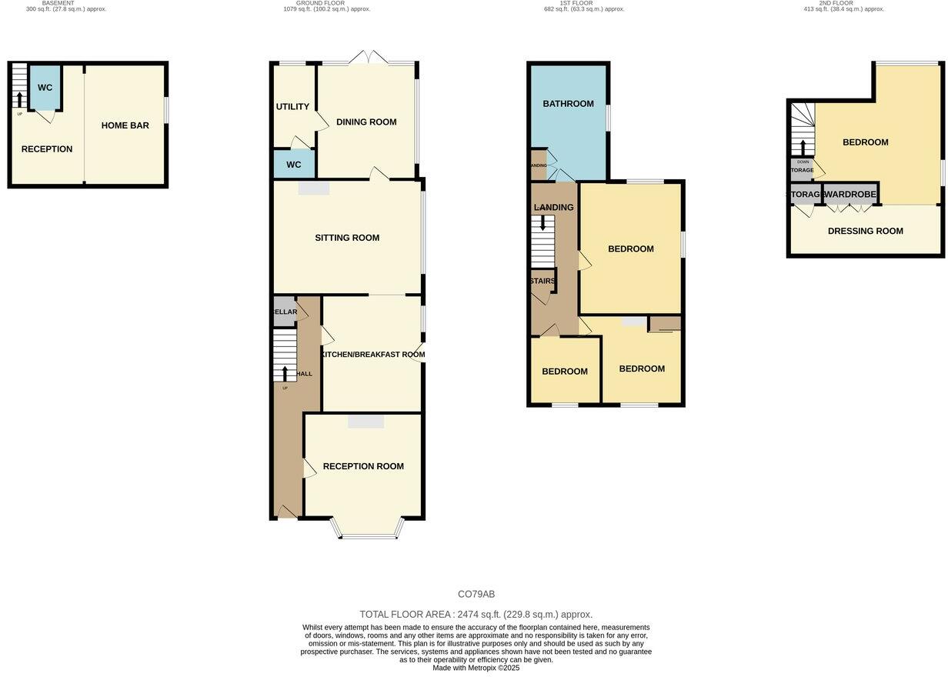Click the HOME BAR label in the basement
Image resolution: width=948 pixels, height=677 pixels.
pyautogui.click(x=125, y=125)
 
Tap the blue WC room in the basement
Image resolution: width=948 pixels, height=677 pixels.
pyautogui.click(x=45, y=87)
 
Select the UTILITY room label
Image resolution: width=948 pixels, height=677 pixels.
pyautogui.click(x=292, y=107)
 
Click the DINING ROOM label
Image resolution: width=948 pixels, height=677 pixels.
pyautogui.click(x=366, y=122)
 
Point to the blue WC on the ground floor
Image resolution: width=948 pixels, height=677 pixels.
pyautogui.click(x=294, y=165)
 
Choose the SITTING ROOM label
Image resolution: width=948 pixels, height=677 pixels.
pyautogui.click(x=347, y=238)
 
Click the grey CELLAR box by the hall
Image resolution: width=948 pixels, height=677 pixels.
pyautogui.click(x=284, y=312)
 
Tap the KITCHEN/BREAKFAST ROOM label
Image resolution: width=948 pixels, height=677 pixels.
pyautogui.click(x=373, y=355)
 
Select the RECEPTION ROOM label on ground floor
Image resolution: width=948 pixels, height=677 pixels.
pyautogui.click(x=363, y=466)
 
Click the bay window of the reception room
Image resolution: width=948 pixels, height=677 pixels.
pyautogui.click(x=367, y=535)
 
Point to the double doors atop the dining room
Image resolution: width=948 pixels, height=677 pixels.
pyautogui.click(x=369, y=58)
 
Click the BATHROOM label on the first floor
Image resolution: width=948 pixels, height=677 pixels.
pyautogui.click(x=568, y=104)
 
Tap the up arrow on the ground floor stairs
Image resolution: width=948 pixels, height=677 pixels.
pyautogui.click(x=285, y=373)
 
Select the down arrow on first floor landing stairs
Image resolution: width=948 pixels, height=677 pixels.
pyautogui.click(x=542, y=224)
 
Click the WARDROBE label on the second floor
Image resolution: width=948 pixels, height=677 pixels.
pyautogui.click(x=850, y=195)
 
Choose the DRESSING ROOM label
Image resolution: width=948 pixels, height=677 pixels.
pyautogui.click(x=865, y=231)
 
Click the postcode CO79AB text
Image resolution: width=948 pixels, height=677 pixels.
pyautogui.click(x=476, y=594)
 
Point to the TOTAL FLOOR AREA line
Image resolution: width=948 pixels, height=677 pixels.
pyautogui.click(x=476, y=614)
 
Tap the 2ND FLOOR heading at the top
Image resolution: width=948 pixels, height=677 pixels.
pyautogui.click(x=836, y=3)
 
